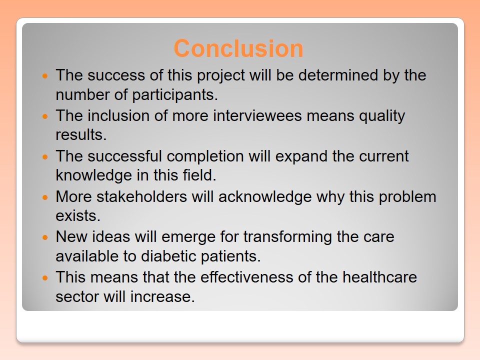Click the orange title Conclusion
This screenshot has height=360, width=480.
[x=238, y=48]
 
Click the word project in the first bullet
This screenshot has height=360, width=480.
[x=220, y=76]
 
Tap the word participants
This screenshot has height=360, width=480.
[x=175, y=95]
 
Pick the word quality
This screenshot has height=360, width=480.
[x=382, y=116]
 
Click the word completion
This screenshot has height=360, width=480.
[x=205, y=156]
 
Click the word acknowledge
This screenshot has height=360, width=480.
[x=265, y=197]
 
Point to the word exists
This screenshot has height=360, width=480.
[x=78, y=215]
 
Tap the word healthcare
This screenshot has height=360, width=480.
[x=379, y=277]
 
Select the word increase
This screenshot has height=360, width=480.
[x=162, y=296]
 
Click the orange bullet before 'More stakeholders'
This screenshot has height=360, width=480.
[x=45, y=197]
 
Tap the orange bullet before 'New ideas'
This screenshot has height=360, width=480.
[x=45, y=237]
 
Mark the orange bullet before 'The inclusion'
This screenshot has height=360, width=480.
[x=45, y=116]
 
